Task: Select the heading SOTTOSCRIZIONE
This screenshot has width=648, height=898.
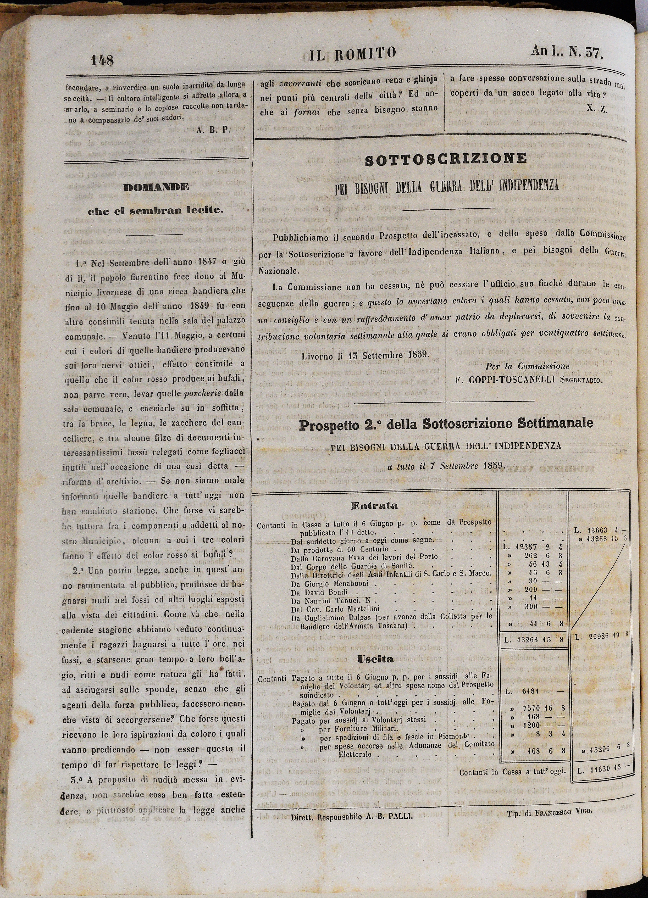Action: [446, 159]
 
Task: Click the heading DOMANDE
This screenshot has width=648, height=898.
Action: [156, 187]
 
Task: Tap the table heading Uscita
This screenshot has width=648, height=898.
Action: [375, 659]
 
